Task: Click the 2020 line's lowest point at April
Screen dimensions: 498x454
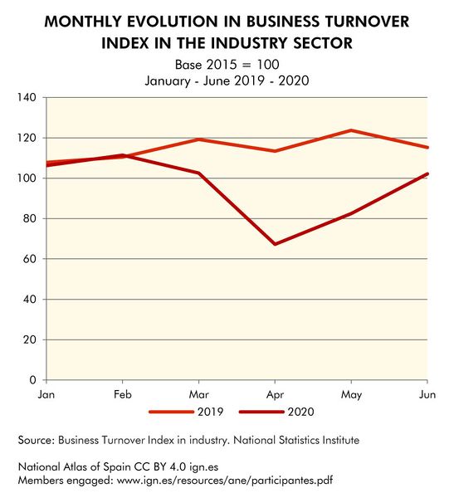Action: pos(275,244)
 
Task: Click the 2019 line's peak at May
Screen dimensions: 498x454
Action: pos(351,130)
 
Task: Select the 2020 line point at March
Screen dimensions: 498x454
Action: pos(198,173)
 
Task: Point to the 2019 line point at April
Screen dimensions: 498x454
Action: pos(275,151)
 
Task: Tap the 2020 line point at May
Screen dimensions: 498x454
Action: pos(351,213)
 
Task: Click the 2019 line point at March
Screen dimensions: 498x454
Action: pos(198,139)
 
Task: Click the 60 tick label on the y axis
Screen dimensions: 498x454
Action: pos(29,259)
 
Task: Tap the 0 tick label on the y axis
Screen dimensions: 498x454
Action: pos(32,380)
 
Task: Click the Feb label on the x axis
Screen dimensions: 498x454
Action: pos(122,394)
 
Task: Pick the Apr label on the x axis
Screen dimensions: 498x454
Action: pos(275,394)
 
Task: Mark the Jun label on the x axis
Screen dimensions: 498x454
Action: pos(427,394)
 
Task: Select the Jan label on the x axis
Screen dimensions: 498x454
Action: pos(46,394)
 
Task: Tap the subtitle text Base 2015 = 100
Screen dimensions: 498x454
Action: pos(227,64)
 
